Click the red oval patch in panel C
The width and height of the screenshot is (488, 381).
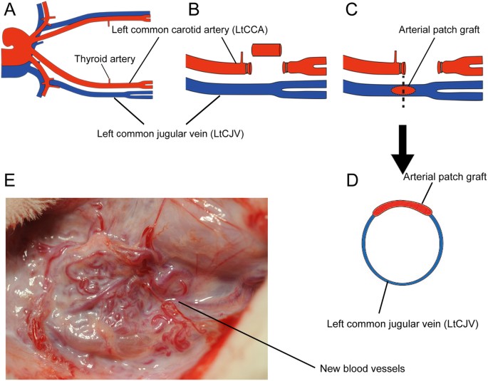coord(403,90)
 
